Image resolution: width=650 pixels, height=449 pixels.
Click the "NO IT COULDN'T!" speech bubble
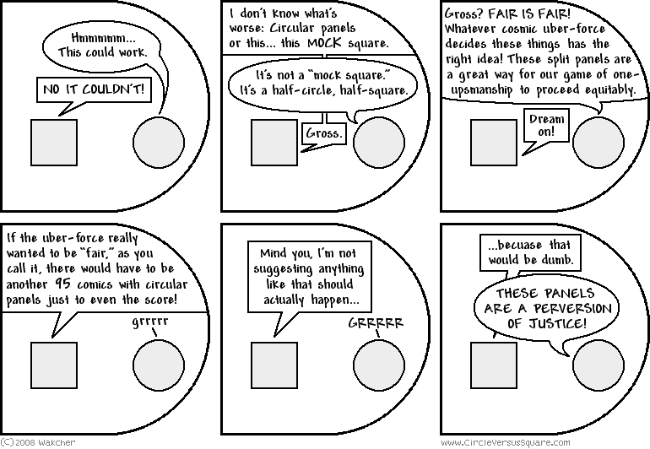94,89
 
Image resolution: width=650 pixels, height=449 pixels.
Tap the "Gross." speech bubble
324,133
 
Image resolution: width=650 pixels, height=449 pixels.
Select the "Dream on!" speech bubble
546,125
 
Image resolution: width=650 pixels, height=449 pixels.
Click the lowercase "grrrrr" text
150,322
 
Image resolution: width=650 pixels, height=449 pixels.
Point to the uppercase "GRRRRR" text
376,323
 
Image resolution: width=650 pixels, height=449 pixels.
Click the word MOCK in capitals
325,43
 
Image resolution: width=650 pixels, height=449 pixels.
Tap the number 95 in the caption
63,284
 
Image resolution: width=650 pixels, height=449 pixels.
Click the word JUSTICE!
557,323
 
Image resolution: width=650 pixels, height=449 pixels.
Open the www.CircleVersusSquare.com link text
506,443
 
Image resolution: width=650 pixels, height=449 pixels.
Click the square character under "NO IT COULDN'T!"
54,143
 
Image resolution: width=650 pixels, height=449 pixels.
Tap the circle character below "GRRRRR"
379,365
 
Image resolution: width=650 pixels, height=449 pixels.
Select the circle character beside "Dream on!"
599,142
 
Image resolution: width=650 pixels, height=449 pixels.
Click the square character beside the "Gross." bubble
274,143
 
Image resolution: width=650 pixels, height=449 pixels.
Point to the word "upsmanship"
481,90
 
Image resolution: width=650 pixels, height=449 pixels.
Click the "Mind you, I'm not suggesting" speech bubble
310,277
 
